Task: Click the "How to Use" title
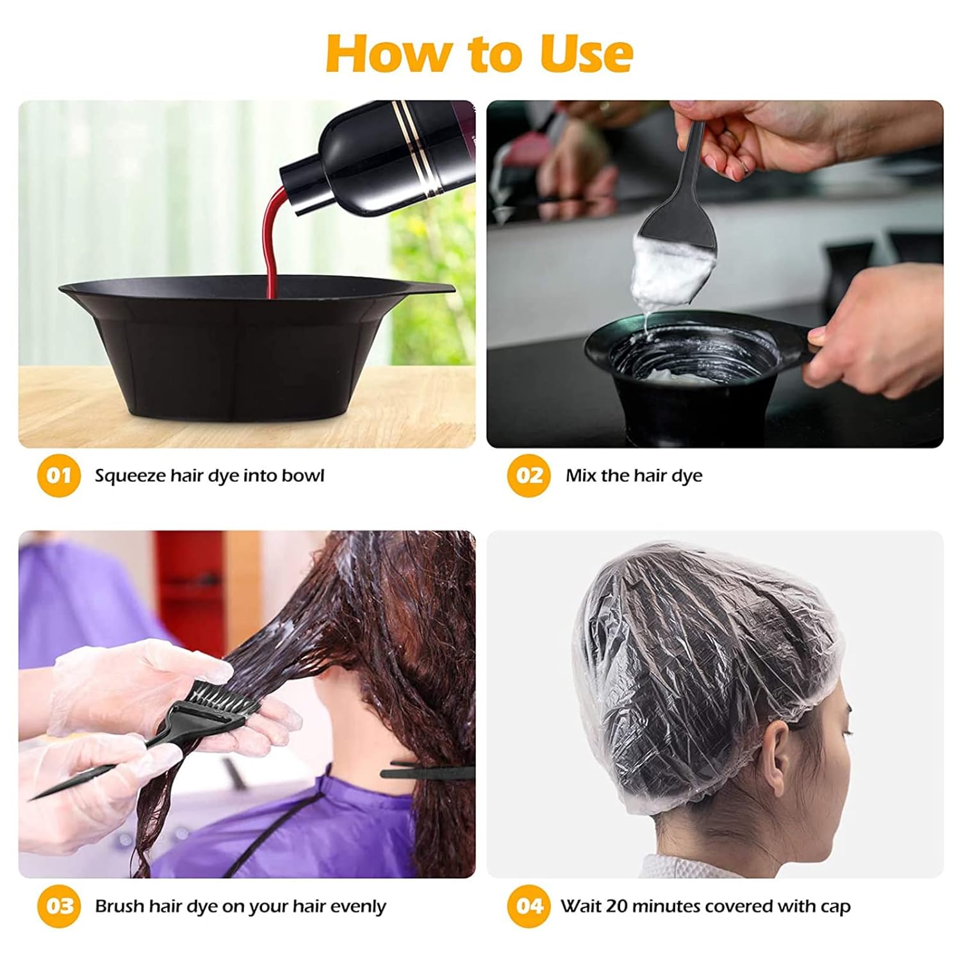coord(479,54)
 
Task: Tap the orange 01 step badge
coord(59,475)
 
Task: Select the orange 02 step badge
coord(529,475)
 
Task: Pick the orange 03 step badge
coord(59,906)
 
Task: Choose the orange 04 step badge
coord(529,906)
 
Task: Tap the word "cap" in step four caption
coord(835,907)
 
